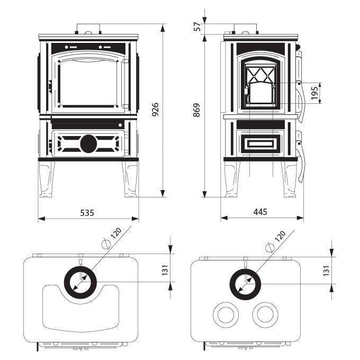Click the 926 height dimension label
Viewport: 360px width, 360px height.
point(155,109)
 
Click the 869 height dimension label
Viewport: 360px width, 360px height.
point(196,109)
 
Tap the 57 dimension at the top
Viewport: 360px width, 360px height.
point(196,26)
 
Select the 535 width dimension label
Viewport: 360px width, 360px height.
point(87,212)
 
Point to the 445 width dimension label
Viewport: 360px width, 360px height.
point(260,212)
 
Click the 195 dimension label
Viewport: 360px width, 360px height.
point(314,93)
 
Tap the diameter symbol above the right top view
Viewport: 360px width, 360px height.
point(271,246)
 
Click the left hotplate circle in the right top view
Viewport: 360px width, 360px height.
point(226,315)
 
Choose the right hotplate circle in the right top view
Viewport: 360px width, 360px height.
point(265,315)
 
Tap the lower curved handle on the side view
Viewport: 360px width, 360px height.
point(302,159)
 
